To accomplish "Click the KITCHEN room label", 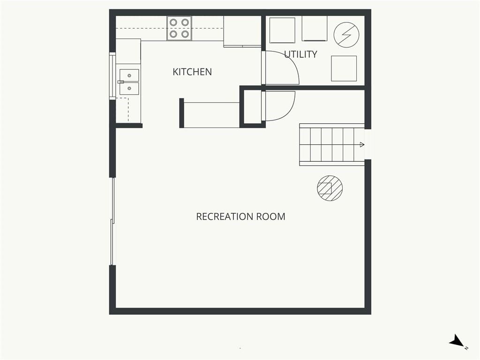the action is (x=192, y=72).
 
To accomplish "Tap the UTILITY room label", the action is (x=300, y=54).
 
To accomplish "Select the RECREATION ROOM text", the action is (x=240, y=217).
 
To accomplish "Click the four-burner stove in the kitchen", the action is (x=180, y=28).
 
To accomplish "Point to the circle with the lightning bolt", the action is (x=346, y=35).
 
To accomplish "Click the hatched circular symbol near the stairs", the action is (x=330, y=188).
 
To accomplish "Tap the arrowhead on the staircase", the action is (x=362, y=144).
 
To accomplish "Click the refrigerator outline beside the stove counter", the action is (x=242, y=31).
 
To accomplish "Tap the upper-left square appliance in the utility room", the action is (x=282, y=30).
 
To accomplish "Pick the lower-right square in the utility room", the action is (x=344, y=68).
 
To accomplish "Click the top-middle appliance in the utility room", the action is (x=315, y=29).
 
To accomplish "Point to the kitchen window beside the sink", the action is (x=112, y=75).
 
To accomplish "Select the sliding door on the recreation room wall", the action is (x=112, y=221).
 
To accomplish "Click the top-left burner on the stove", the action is (x=173, y=22).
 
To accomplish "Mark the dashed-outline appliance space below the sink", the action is (x=122, y=110).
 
